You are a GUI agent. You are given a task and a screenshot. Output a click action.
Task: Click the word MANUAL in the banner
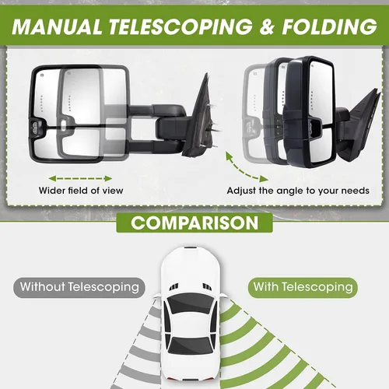coord(57,26)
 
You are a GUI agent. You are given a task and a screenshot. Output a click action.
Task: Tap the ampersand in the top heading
coord(268,26)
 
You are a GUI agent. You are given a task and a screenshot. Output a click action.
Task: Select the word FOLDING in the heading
coord(329,26)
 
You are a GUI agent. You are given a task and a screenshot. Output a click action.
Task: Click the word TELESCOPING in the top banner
coord(180,26)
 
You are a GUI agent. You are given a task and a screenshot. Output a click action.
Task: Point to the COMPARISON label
coord(194,223)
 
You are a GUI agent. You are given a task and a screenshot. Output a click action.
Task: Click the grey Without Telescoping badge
coord(79,287)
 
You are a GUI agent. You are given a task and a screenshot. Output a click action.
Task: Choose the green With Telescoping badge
coord(303,287)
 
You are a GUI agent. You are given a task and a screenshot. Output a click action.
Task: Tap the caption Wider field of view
coord(81,191)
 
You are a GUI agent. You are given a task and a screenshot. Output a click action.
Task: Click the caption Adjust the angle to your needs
coord(298,191)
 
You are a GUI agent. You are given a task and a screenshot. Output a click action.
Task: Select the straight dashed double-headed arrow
coord(80,178)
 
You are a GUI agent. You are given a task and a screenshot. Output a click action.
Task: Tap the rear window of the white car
coord(191,345)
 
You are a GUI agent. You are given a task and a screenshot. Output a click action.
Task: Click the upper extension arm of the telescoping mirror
coord(156,110)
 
